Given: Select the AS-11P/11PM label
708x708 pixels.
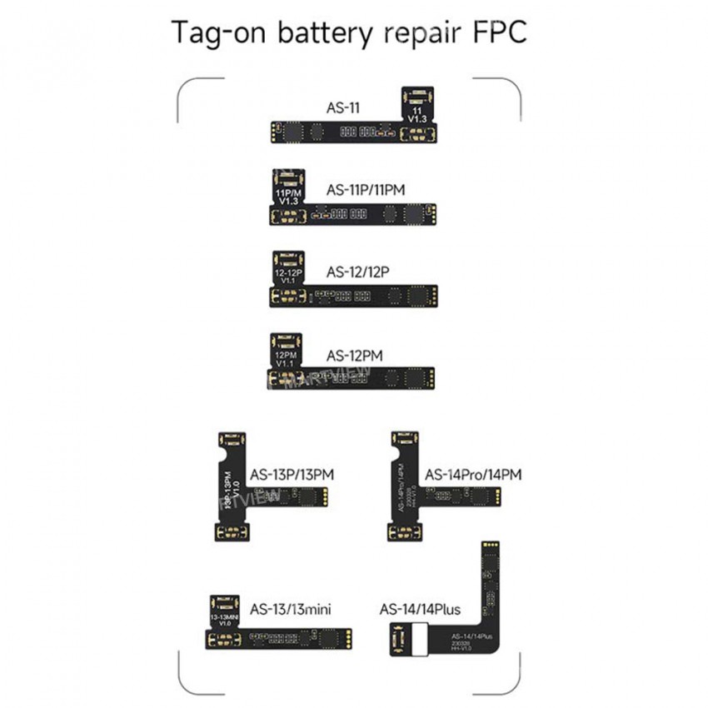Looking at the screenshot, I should [x=366, y=189].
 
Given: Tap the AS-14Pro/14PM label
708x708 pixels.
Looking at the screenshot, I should [x=473, y=475].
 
